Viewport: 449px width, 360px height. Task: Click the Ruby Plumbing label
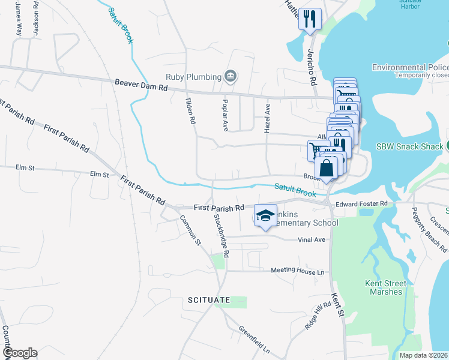[x=192, y=77]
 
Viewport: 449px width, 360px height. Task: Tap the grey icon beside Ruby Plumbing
[x=230, y=76]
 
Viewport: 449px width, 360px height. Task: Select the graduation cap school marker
[x=265, y=216]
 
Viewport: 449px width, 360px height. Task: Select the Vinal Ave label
[x=311, y=239]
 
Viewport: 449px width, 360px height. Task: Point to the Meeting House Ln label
[x=297, y=271]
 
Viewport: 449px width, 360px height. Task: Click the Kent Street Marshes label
[x=385, y=287]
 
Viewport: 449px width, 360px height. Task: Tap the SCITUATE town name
[x=208, y=299]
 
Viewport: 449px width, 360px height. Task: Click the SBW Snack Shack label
[x=409, y=146]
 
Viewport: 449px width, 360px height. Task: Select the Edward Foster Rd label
[x=361, y=204]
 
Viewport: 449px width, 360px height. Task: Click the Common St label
[x=190, y=230]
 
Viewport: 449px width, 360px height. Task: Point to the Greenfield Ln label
[x=255, y=338]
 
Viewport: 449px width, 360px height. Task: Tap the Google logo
[x=19, y=353]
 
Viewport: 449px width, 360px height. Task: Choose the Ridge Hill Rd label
[x=318, y=316]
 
